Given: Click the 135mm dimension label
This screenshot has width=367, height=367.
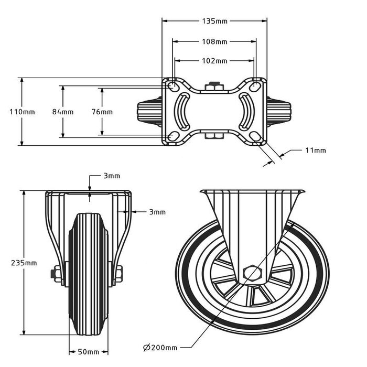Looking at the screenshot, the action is pos(214,21).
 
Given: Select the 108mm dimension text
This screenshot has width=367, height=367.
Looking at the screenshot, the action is pos(214,41).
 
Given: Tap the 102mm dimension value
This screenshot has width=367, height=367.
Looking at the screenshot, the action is pos(214,61).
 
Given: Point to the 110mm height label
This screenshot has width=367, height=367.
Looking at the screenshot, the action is pos(22,112).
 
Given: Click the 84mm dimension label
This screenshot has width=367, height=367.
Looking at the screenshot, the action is pos(63,112).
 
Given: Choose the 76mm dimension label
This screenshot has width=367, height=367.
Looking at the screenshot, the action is pos(102,112).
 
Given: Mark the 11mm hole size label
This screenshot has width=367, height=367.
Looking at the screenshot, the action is pos(316,150).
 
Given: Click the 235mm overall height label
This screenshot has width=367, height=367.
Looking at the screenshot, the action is pos(24,263).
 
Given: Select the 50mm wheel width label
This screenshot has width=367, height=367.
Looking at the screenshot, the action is pos(88,352).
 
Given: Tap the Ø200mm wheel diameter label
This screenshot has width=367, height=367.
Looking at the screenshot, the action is pos(160,348).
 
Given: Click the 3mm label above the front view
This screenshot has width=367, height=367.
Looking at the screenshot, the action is pos(112,176).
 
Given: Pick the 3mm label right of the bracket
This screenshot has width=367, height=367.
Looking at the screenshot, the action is pos(157,212).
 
